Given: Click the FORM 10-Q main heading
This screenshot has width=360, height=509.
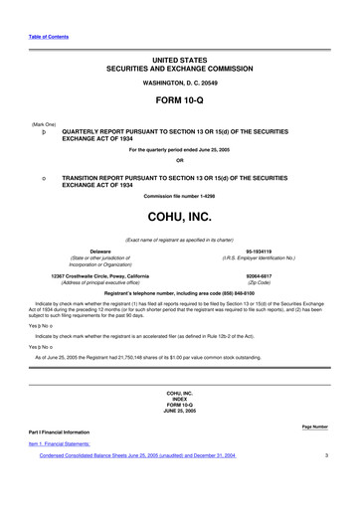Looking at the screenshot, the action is pos(180,102).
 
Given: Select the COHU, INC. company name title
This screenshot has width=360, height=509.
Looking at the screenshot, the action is pos(180,216).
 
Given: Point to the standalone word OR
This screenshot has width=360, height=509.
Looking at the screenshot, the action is pos(180,161).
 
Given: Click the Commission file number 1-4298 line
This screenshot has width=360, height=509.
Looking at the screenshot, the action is pos(180,195).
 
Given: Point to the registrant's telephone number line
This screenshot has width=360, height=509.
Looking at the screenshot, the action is pos(180,294).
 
